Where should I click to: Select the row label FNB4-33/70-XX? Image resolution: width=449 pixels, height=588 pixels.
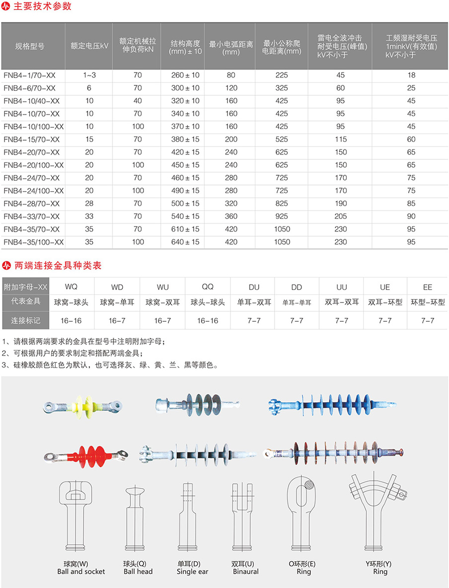(31, 216)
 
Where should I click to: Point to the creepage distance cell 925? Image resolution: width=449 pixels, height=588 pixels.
(282, 216)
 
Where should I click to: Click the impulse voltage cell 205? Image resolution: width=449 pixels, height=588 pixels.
(340, 216)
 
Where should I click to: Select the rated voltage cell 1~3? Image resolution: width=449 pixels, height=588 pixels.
(89, 75)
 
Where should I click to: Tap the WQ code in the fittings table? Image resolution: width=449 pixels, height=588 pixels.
(72, 287)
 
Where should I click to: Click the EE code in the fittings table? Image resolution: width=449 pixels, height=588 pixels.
(428, 287)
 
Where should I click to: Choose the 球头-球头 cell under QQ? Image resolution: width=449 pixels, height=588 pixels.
(208, 302)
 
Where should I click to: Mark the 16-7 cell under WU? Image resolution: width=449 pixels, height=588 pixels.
(162, 321)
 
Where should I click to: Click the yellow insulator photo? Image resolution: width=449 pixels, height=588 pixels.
(83, 405)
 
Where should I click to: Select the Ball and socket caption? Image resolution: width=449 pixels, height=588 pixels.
(81, 572)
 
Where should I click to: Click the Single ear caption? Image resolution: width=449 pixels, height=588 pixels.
(192, 572)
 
